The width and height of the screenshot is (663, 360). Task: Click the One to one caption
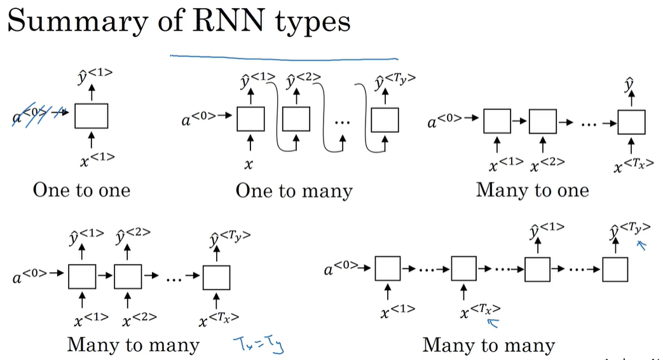coord(81,190)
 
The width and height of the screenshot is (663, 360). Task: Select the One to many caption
coord(294,190)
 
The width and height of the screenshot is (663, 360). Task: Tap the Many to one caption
coord(532,190)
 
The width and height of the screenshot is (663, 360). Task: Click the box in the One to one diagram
coord(91,115)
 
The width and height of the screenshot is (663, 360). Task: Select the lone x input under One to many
coord(249,164)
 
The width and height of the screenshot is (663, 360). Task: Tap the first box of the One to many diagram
coord(250,118)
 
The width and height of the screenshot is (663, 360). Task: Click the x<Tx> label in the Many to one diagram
coord(632,167)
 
